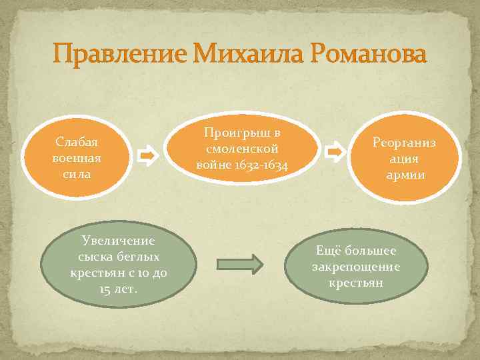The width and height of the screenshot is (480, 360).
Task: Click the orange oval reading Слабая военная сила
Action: click(x=77, y=158)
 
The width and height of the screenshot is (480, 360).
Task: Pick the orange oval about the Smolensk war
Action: click(x=242, y=148)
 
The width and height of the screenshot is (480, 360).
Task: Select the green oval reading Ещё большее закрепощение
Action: click(x=356, y=266)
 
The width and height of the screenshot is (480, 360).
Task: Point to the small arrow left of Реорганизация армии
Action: click(x=335, y=152)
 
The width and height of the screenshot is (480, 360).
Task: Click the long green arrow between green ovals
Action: click(x=240, y=262)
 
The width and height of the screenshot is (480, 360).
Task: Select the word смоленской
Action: click(x=242, y=148)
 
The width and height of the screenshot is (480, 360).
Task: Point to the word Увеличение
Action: click(x=117, y=241)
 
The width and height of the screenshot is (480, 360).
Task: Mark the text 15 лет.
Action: click(x=117, y=289)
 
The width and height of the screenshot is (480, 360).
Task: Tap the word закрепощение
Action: click(x=356, y=267)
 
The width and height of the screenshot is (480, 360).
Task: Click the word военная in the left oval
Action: click(x=77, y=158)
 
